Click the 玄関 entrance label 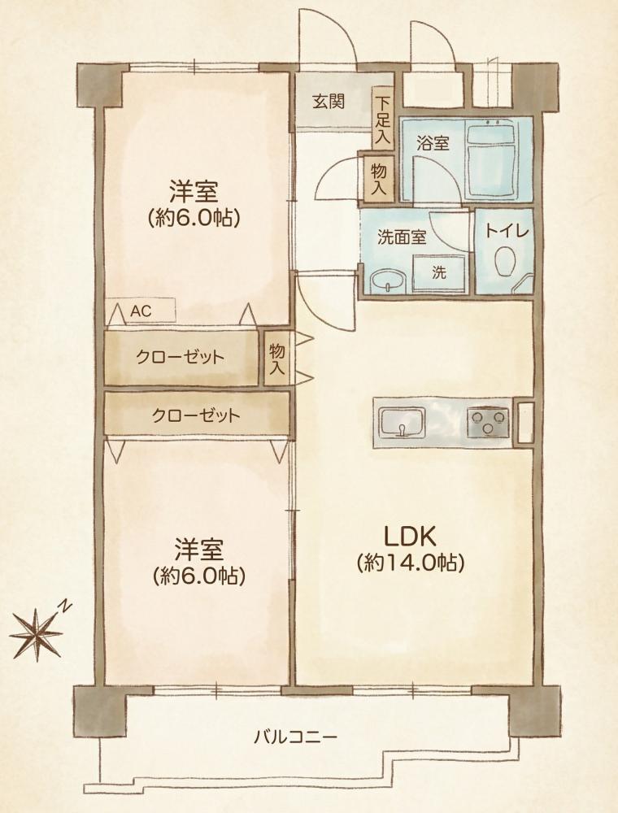point(329,101)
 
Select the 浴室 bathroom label point(433,143)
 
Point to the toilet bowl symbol point(505,262)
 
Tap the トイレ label point(507,230)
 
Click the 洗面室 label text point(402,237)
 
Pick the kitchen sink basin point(403,421)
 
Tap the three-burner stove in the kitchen point(488,421)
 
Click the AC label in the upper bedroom point(141,311)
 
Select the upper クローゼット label point(180,357)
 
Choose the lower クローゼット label point(196,415)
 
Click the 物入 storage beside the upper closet point(276,359)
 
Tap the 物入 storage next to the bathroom point(378,178)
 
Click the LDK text point(410,537)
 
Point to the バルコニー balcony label point(295,737)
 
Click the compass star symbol point(37,634)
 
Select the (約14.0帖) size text point(410,563)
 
